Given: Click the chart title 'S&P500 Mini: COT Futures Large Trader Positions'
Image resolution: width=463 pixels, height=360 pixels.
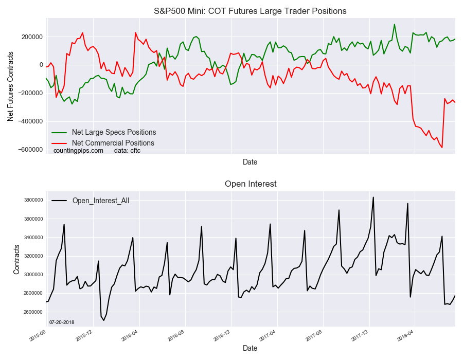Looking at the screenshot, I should pyautogui.click(x=250, y=11).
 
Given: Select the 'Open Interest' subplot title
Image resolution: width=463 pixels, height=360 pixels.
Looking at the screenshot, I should pyautogui.click(x=250, y=184).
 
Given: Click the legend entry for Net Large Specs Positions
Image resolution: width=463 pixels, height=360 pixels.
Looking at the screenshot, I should pyautogui.click(x=114, y=132).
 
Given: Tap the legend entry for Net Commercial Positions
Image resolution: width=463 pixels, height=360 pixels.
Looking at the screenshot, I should pyautogui.click(x=113, y=143).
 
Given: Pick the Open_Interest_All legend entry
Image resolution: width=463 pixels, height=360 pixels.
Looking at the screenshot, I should pyautogui.click(x=100, y=201).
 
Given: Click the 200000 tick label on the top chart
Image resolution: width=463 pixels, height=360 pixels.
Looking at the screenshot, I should pyautogui.click(x=32, y=37).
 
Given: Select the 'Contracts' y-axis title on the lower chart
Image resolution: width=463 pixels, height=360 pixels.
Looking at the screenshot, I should pyautogui.click(x=16, y=259).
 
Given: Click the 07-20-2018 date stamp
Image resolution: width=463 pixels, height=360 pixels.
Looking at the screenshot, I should pyautogui.click(x=62, y=322).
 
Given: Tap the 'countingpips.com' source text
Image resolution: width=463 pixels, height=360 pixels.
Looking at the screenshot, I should pyautogui.click(x=78, y=151).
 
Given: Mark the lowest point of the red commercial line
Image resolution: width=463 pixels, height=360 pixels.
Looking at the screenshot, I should pyautogui.click(x=442, y=148).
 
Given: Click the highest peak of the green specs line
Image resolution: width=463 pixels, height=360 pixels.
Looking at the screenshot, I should pyautogui.click(x=395, y=24).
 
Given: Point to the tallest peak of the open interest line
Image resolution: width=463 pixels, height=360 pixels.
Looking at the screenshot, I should pyautogui.click(x=373, y=197).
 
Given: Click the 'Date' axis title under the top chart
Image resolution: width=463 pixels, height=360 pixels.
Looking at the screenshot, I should pyautogui.click(x=250, y=162).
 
